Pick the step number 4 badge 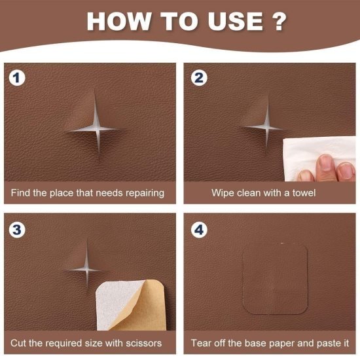coord(196,229)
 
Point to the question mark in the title coord(278,20)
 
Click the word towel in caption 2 coord(303,193)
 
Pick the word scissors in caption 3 coord(139,342)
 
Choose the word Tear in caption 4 coord(202,342)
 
